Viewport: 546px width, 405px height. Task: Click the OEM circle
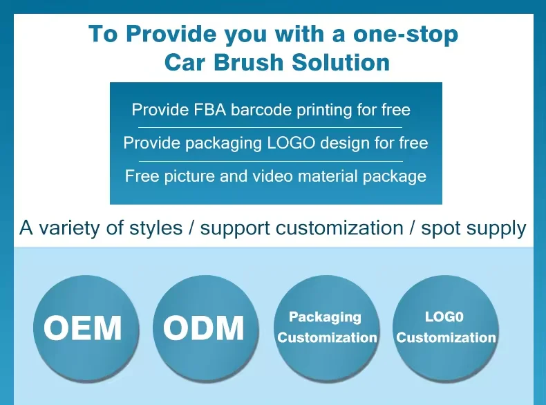[86, 329]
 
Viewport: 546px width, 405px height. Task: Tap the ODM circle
[205, 329]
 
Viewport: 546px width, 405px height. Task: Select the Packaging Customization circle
[327, 329]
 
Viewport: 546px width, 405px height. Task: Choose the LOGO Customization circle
[445, 329]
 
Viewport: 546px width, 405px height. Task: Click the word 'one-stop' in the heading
[406, 34]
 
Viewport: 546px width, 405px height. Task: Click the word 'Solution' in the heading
[341, 62]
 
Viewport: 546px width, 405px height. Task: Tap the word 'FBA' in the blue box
[209, 110]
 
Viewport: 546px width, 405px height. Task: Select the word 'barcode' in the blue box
[261, 110]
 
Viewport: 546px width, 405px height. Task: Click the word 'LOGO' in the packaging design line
[291, 143]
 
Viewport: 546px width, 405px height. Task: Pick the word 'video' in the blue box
[272, 176]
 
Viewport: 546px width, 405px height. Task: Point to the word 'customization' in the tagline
[339, 229]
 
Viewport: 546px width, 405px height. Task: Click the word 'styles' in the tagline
[156, 229]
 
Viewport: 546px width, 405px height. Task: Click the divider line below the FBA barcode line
[270, 127]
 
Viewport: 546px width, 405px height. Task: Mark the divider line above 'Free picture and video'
[271, 161]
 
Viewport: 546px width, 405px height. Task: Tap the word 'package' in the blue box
[395, 176]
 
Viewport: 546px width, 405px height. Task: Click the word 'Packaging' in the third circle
[326, 317]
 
